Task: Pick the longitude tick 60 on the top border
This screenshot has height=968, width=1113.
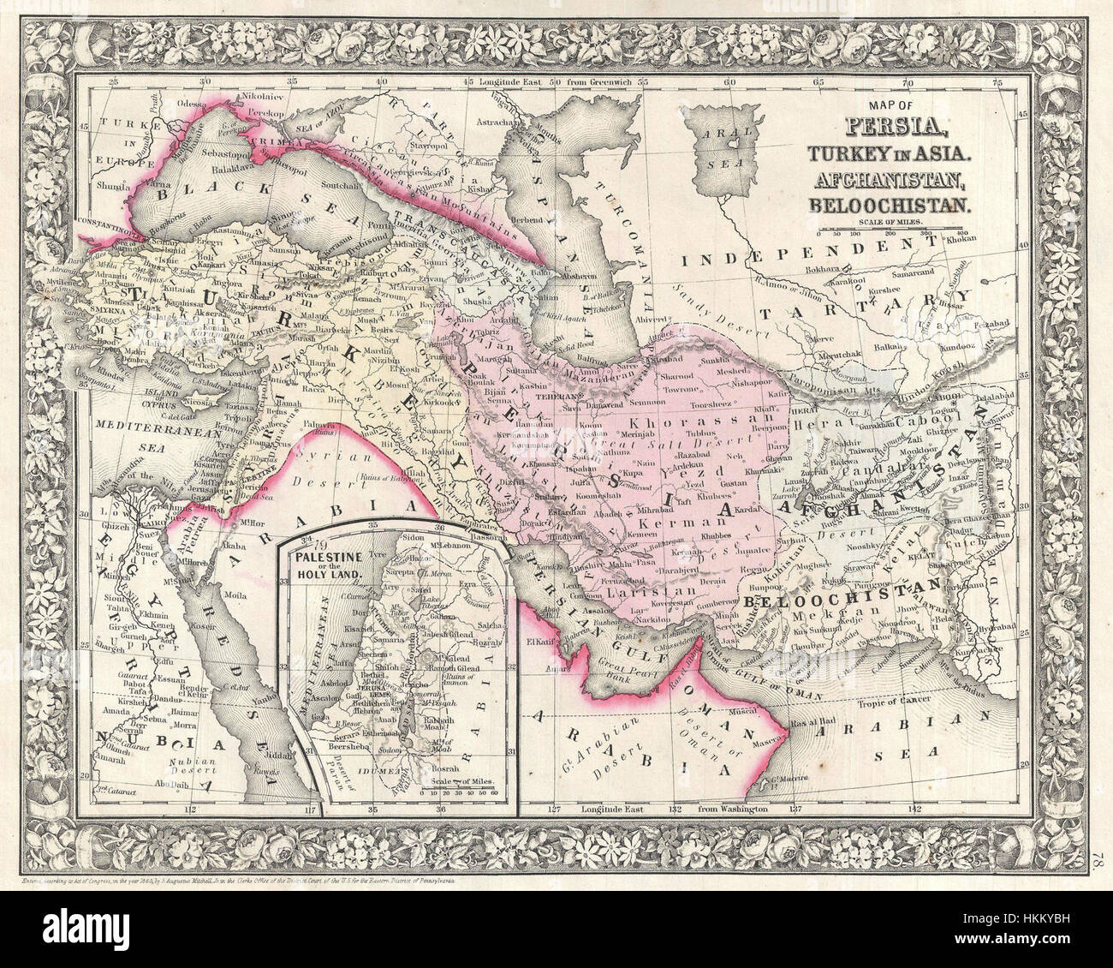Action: point(729,83)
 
